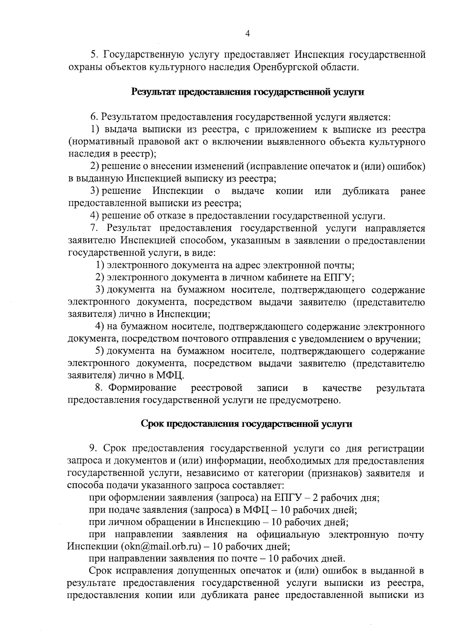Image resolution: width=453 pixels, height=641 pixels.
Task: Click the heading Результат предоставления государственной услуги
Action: pos(247,93)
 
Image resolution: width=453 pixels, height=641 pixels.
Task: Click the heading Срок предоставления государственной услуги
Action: pos(247,424)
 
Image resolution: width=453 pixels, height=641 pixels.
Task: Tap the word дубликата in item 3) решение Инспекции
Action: pos(365,191)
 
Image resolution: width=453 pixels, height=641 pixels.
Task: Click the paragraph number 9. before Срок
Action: pos(94,449)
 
